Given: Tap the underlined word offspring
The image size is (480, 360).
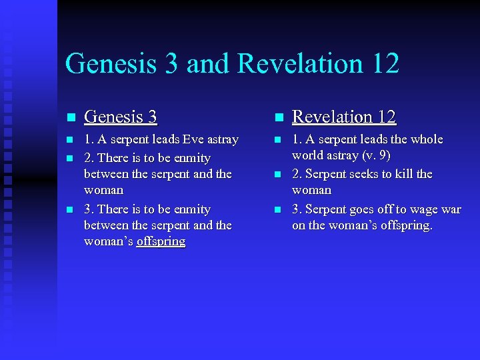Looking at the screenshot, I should click(161, 241).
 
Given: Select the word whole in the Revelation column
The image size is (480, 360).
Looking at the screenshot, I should click(427, 139).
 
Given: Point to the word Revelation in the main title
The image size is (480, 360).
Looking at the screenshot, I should click(299, 64).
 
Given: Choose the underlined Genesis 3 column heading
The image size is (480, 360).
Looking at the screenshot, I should click(121, 117).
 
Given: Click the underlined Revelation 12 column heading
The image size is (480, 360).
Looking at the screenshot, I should click(344, 117).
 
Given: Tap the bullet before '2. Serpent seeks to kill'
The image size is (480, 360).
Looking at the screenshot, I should click(278, 175).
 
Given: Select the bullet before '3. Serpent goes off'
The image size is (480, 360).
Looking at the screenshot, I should click(278, 210).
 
